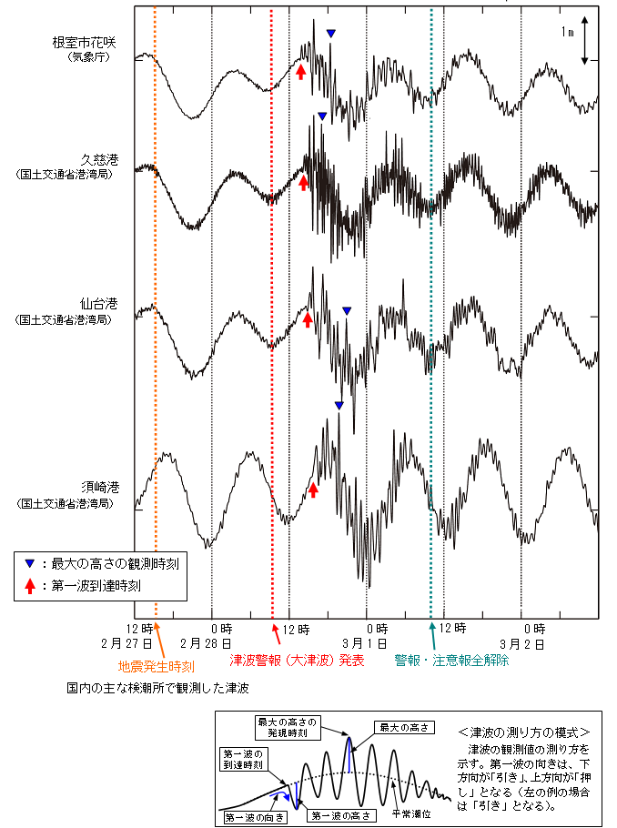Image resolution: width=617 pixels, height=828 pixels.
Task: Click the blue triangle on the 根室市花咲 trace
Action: pyautogui.click(x=331, y=34)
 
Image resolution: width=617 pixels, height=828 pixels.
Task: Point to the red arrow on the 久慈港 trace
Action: pyautogui.click(x=304, y=183)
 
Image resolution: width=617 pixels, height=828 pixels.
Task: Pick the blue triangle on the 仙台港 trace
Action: pyautogui.click(x=346, y=311)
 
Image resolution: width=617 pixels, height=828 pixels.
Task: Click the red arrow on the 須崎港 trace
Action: pyautogui.click(x=313, y=490)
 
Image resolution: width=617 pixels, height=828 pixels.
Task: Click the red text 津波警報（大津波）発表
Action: pyautogui.click(x=297, y=660)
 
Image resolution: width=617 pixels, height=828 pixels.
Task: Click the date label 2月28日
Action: pyautogui.click(x=217, y=643)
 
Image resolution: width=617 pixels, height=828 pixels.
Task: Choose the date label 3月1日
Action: pyautogui.click(x=374, y=643)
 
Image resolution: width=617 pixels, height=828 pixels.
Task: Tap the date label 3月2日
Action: pyautogui.click(x=528, y=643)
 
